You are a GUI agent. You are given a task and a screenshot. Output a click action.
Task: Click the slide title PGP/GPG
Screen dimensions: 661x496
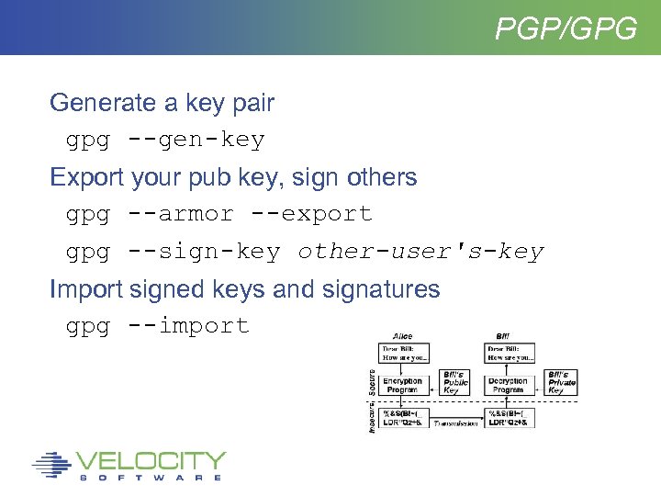[566, 28]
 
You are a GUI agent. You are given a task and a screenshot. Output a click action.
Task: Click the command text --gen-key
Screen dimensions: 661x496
[196, 141]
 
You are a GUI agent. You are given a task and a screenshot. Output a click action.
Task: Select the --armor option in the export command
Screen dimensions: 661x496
[180, 214]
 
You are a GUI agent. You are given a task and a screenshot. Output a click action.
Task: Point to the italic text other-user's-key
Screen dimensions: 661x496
[420, 252]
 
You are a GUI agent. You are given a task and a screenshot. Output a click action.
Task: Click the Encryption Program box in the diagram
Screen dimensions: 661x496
[403, 385]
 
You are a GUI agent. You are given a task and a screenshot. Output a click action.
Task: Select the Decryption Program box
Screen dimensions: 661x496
[508, 385]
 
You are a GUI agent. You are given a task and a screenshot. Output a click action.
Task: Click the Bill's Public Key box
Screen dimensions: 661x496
[455, 383]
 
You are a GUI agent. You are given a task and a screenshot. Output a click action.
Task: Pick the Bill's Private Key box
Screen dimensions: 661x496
[561, 382]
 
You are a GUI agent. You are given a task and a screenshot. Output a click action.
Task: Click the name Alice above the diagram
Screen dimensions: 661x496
[404, 336]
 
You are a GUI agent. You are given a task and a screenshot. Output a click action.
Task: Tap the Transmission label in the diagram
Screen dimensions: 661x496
[455, 423]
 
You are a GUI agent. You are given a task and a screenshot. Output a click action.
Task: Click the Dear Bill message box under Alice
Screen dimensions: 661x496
[403, 354]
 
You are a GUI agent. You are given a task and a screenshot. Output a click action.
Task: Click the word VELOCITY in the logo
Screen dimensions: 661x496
[151, 460]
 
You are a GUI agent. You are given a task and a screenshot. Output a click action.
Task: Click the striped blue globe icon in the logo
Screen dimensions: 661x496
[51, 465]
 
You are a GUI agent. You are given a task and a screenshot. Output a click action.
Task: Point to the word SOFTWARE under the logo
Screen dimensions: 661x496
[151, 478]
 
